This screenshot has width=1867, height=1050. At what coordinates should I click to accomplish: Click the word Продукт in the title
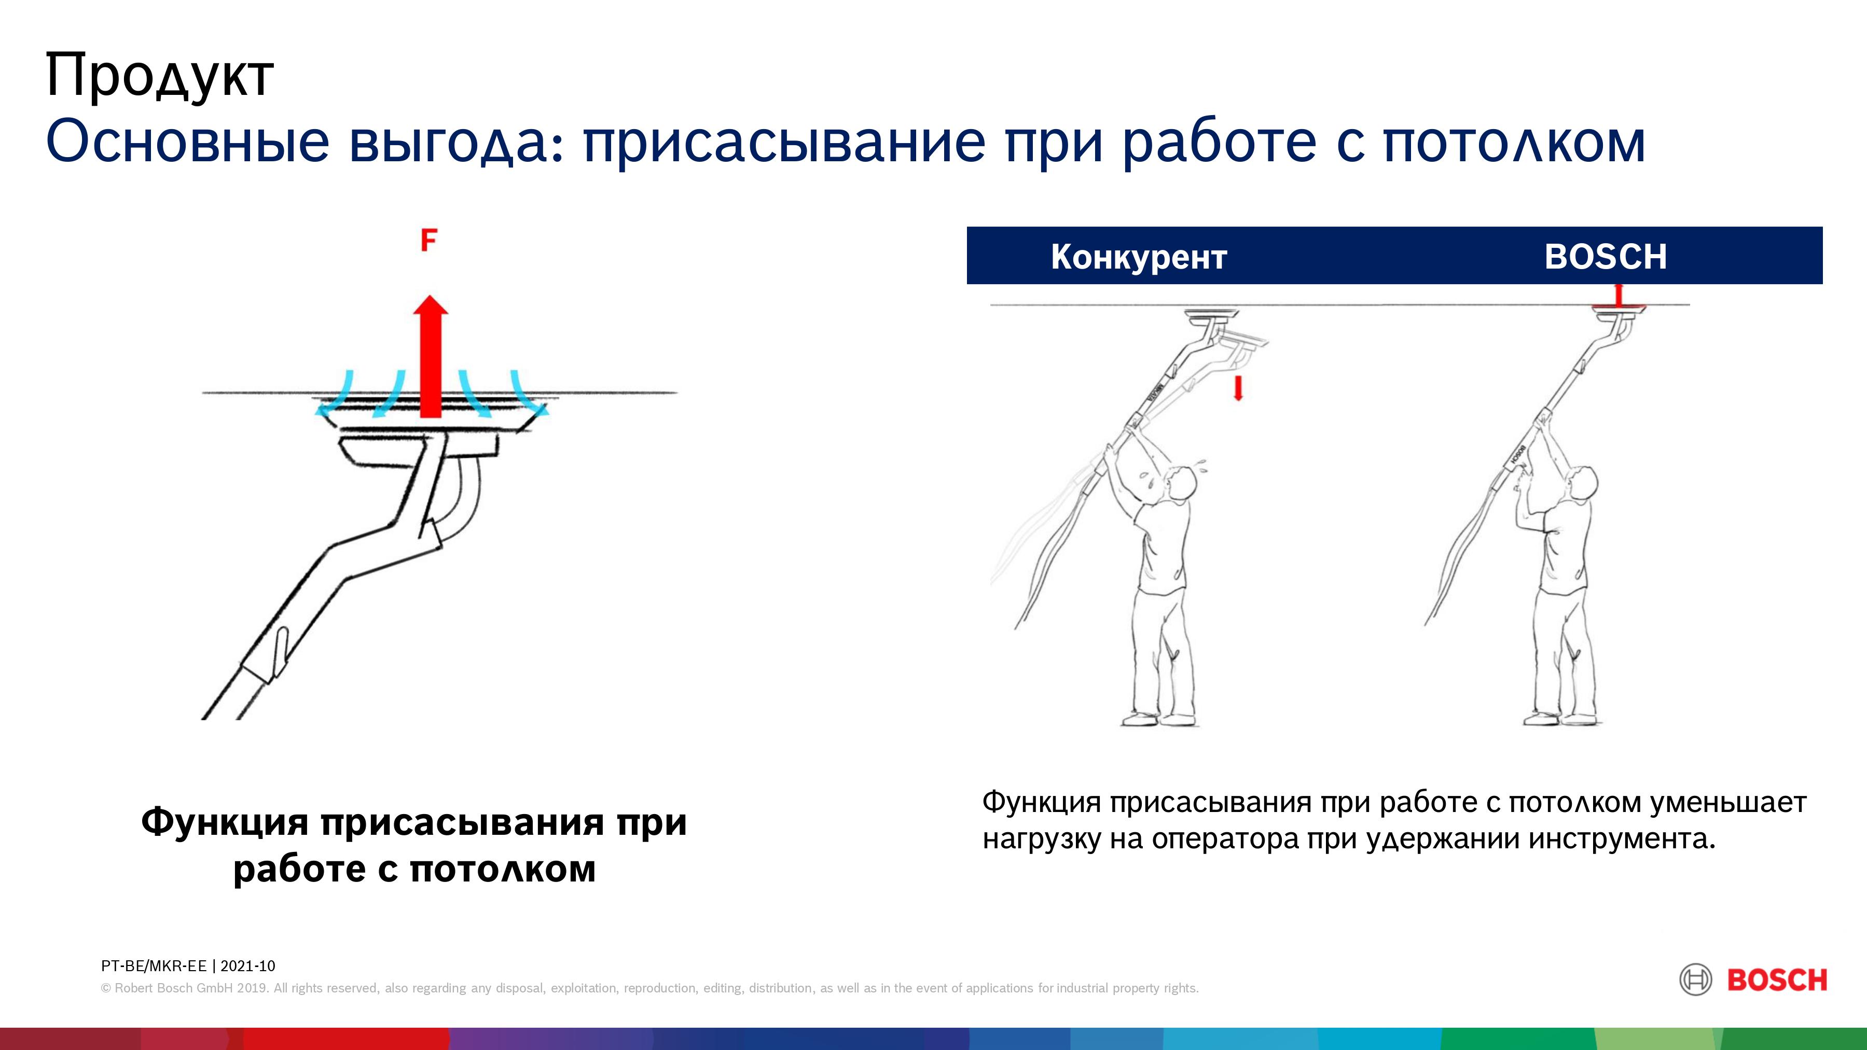tap(159, 75)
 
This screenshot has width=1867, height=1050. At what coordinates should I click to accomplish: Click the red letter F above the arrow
tap(429, 240)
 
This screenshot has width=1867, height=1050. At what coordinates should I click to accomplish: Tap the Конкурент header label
tap(1139, 257)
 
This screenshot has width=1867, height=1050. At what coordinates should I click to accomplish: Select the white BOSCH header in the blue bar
tap(1606, 257)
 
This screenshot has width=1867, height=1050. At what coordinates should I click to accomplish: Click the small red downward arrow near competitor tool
tap(1238, 388)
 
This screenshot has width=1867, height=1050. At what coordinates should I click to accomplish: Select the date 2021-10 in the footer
tap(248, 966)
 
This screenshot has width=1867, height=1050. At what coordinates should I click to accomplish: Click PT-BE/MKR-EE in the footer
tap(154, 966)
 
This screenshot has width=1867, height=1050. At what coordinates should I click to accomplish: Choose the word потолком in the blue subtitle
tap(1514, 142)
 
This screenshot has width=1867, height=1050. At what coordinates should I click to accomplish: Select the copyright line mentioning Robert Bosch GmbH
tap(649, 988)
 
